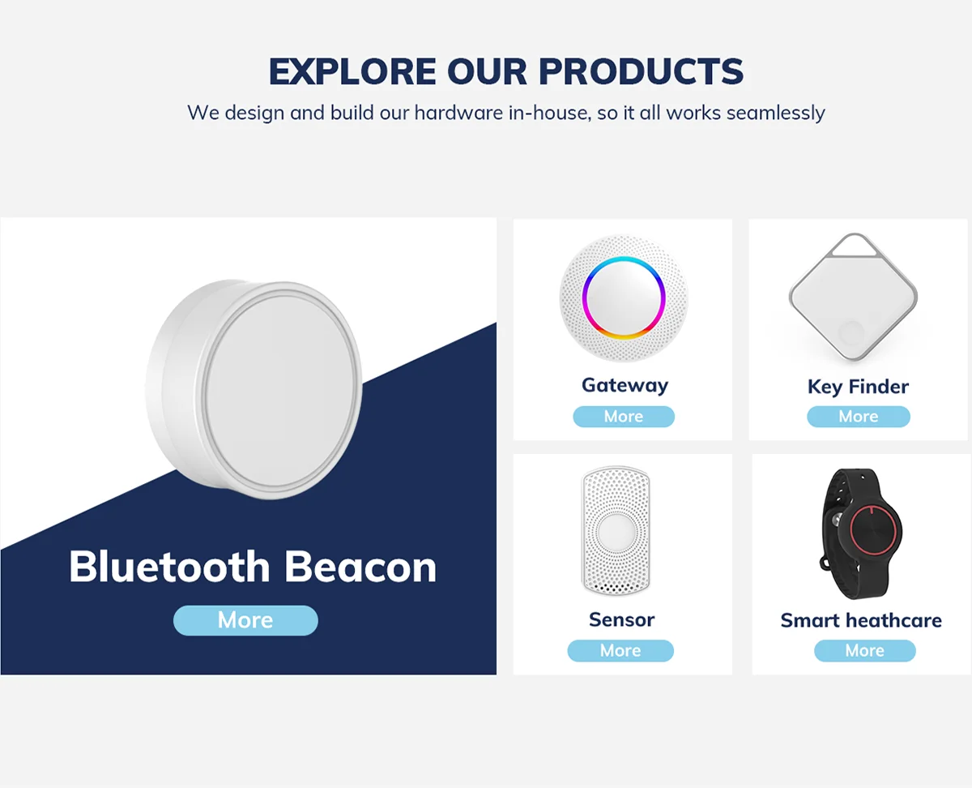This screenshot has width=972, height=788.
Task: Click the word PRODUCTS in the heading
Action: click(x=641, y=72)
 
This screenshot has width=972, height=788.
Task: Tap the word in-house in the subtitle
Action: click(x=547, y=113)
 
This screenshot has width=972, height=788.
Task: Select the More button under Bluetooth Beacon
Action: click(x=245, y=620)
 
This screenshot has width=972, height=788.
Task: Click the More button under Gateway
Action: click(x=623, y=417)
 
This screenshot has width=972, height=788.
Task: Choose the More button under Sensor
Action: click(x=620, y=650)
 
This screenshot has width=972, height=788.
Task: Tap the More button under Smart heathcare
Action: click(x=864, y=650)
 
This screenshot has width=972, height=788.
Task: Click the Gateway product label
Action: click(x=625, y=385)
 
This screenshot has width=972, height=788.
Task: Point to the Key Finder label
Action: click(x=858, y=387)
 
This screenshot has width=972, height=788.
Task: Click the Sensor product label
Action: click(x=621, y=619)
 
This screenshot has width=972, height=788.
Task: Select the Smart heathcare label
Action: click(x=861, y=620)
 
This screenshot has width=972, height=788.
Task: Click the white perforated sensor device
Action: click(x=617, y=531)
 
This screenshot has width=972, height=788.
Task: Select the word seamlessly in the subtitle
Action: click(x=775, y=113)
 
